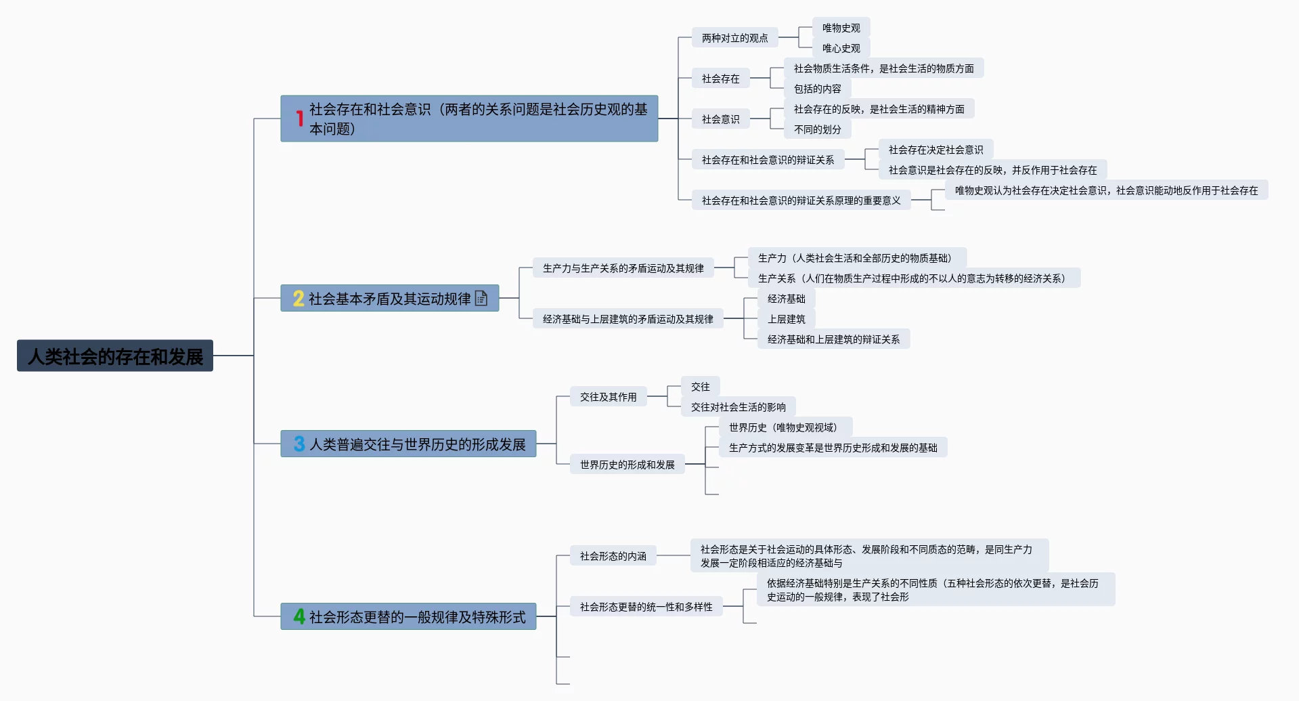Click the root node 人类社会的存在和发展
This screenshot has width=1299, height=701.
(115, 356)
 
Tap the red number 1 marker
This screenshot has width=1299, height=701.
(299, 119)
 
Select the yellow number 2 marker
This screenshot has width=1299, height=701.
(299, 299)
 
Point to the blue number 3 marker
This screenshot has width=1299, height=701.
(299, 444)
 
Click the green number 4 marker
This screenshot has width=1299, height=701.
(299, 616)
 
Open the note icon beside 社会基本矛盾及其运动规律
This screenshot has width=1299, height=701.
(481, 298)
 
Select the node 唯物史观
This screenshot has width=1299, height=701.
(841, 28)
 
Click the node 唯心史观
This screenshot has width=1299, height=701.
(841, 48)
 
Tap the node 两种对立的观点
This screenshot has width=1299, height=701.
(734, 38)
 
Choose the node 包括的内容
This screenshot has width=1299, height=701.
(817, 89)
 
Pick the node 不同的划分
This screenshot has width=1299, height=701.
(817, 129)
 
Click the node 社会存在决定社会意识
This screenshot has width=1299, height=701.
(935, 150)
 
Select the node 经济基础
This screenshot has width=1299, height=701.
(786, 299)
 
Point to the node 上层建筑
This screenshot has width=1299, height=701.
(786, 319)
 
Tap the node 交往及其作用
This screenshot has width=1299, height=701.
(608, 397)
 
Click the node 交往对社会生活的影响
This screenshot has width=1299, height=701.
(738, 407)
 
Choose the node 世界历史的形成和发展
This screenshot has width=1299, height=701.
(627, 465)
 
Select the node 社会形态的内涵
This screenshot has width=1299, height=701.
(613, 556)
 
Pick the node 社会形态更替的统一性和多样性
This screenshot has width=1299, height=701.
(646, 607)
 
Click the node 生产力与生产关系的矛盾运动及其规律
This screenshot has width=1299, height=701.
(623, 268)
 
